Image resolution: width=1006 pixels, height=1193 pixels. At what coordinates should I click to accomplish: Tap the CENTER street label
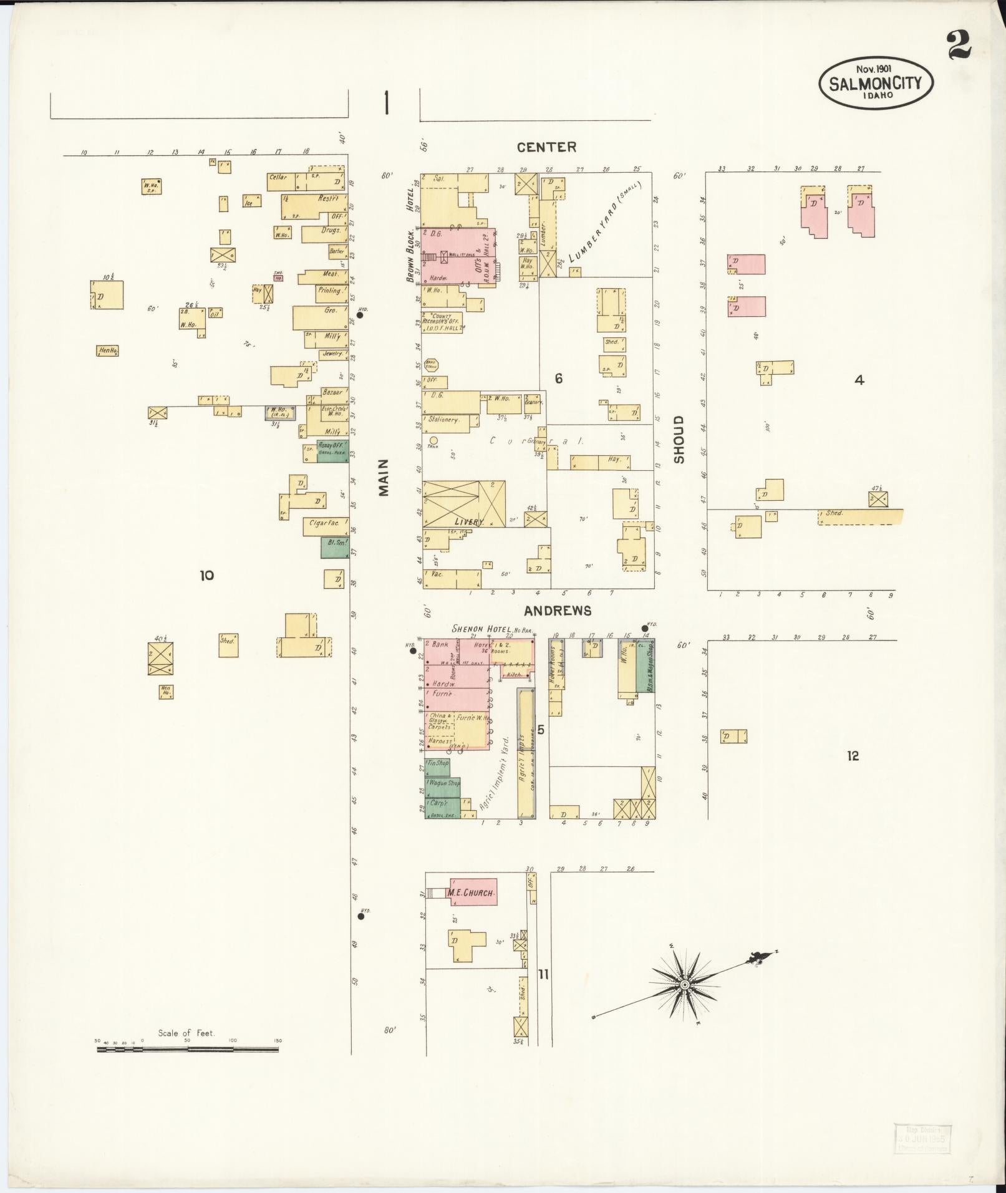click(546, 147)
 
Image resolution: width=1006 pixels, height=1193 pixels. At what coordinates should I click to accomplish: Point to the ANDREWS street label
click(557, 611)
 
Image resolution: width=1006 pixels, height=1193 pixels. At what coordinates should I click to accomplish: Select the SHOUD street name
click(679, 439)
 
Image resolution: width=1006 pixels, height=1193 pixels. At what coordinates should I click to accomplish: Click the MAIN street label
click(384, 477)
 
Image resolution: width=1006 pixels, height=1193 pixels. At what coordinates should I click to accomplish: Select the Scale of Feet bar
click(188, 1050)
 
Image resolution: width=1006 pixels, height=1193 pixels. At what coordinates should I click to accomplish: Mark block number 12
click(853, 756)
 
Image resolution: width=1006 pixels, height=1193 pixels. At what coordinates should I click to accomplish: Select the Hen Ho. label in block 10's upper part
click(107, 351)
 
